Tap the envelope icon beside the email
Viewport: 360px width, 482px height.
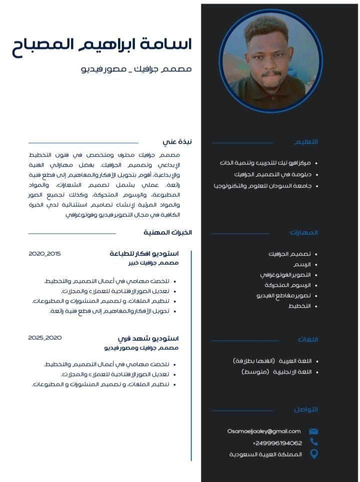coord(313,432)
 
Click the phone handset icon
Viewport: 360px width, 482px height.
coord(313,442)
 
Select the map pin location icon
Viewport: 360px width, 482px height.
coord(313,454)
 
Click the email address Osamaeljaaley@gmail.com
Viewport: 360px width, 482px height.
coord(263,432)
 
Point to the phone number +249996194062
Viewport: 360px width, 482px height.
coord(277,443)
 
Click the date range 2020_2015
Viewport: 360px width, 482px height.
coord(44,254)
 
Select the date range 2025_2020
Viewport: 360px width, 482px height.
coord(44,338)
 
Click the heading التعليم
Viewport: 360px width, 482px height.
coord(306,142)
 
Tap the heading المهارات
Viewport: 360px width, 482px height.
coord(303,232)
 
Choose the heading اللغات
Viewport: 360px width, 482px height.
coord(307,340)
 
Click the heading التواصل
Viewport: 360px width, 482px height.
coord(305,410)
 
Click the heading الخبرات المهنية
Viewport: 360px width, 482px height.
coord(167,232)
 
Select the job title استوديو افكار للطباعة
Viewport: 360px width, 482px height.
coord(144,254)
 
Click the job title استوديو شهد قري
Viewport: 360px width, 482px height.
coord(148,339)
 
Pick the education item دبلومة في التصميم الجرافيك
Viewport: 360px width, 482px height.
coord(272,174)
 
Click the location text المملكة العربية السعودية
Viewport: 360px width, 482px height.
coord(265,455)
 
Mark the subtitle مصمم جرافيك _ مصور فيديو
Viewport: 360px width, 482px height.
coord(136,68)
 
